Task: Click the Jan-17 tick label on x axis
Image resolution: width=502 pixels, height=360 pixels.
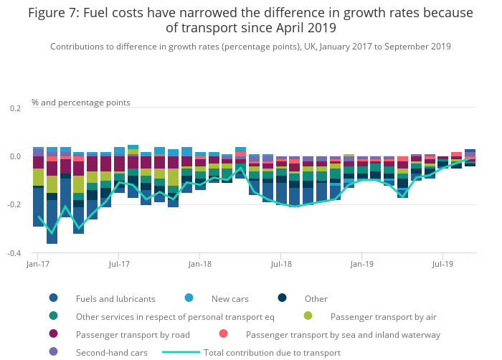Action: click(x=37, y=264)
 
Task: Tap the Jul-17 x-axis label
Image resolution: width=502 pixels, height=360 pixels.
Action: click(x=118, y=264)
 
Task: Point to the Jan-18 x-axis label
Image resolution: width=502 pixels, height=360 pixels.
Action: click(x=199, y=264)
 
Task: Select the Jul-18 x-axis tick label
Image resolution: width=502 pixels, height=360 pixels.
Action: click(x=280, y=264)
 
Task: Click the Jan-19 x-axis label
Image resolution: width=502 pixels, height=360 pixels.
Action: click(x=361, y=264)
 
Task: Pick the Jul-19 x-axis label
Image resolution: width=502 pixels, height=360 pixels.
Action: click(x=442, y=264)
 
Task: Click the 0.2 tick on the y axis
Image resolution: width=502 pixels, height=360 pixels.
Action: click(x=16, y=108)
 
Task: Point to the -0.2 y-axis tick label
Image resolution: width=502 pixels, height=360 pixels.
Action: click(x=14, y=205)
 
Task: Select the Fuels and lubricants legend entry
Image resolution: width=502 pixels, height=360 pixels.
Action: click(x=115, y=298)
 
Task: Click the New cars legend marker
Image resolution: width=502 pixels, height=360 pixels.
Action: click(x=189, y=298)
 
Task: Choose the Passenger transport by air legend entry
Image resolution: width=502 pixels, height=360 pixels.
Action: click(x=383, y=316)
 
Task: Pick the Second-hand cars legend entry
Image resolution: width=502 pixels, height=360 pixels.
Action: click(x=111, y=352)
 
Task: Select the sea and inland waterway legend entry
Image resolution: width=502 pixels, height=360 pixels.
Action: click(x=343, y=334)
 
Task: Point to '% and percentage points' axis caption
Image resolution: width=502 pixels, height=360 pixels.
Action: click(x=81, y=103)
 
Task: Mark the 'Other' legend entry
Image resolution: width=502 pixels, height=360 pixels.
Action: click(x=316, y=298)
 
